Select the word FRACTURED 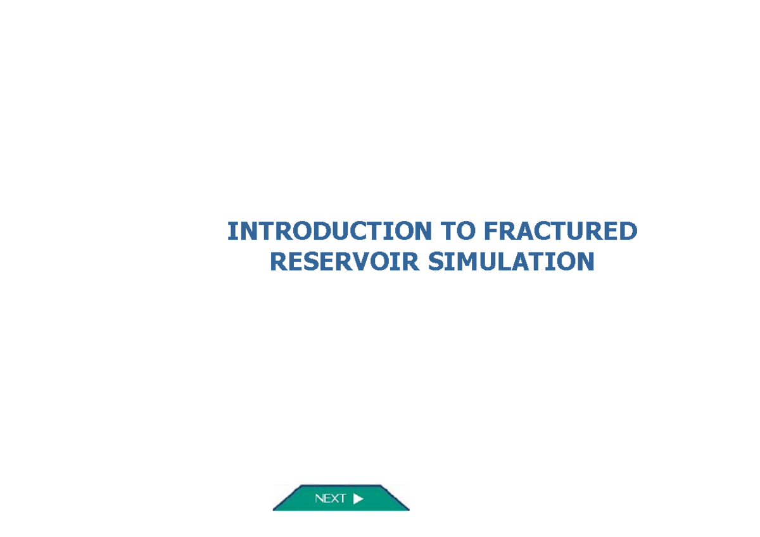(560, 232)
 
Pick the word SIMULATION (511, 262)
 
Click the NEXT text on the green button (330, 498)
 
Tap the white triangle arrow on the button (358, 498)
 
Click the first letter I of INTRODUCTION (231, 232)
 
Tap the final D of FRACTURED (628, 232)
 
